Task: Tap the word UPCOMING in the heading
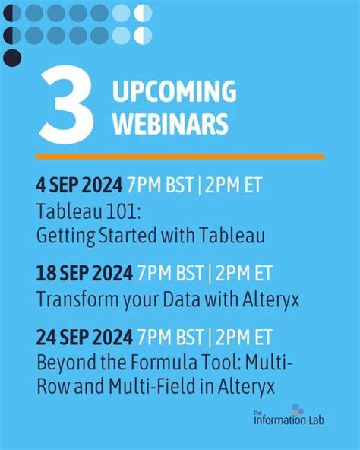pyautogui.click(x=175, y=93)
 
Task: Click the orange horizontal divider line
pyautogui.click(x=180, y=157)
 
